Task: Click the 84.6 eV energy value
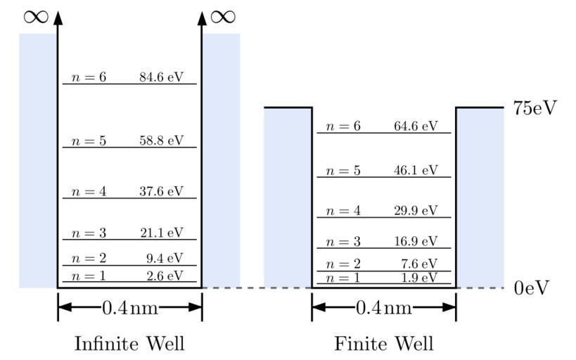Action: click(161, 77)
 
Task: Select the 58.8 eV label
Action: click(161, 141)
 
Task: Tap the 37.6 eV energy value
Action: click(161, 191)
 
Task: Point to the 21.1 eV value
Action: click(161, 233)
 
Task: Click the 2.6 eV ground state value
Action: click(165, 276)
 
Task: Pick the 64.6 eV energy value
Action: click(416, 127)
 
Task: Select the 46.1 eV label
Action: click(416, 170)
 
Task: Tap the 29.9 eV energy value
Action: click(416, 211)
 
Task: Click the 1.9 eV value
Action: click(419, 278)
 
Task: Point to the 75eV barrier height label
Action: click(535, 108)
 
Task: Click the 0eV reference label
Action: click(530, 288)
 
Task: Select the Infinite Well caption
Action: click(129, 344)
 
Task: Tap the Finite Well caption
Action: click(384, 344)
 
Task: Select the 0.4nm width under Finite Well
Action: click(384, 307)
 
